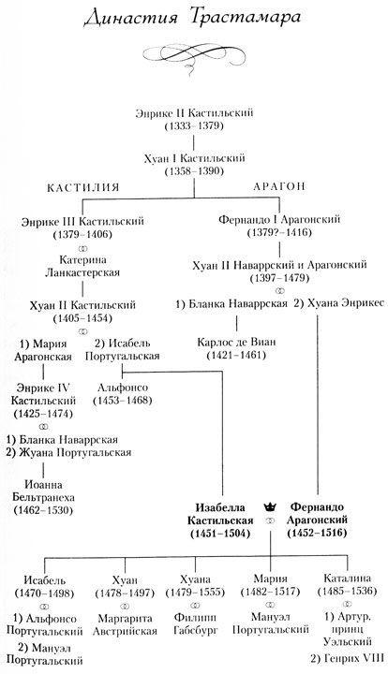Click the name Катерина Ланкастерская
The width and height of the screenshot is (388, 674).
pyautogui.click(x=84, y=273)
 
